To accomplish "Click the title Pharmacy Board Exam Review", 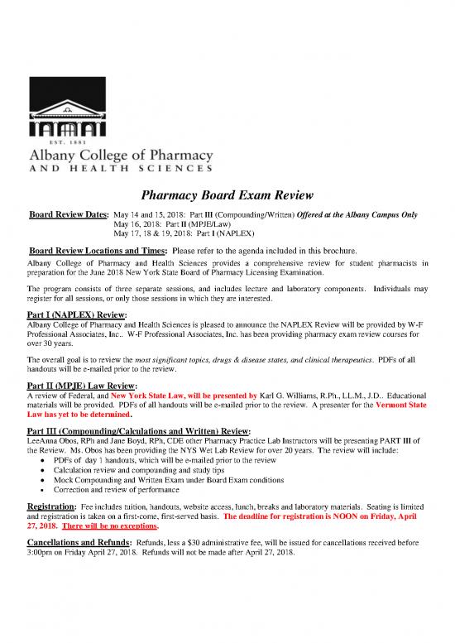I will click(227, 196).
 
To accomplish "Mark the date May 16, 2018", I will click(136, 225).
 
